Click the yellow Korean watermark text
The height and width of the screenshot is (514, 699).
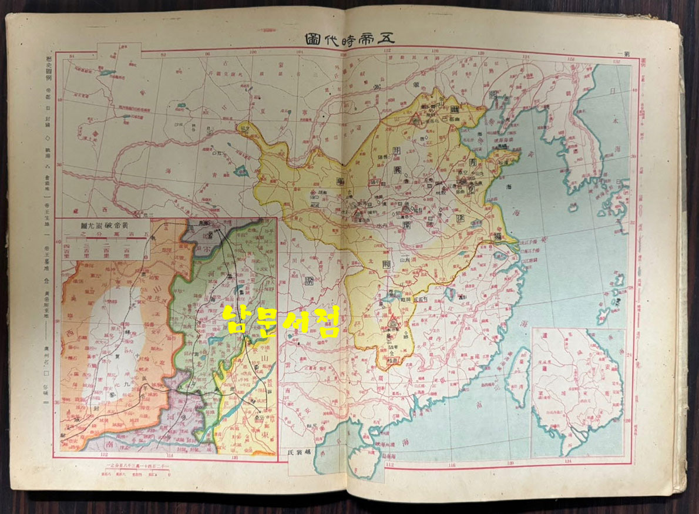pos(282,320)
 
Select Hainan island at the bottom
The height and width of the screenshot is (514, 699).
pos(361,464)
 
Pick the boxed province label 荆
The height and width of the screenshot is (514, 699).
pos(386,263)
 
